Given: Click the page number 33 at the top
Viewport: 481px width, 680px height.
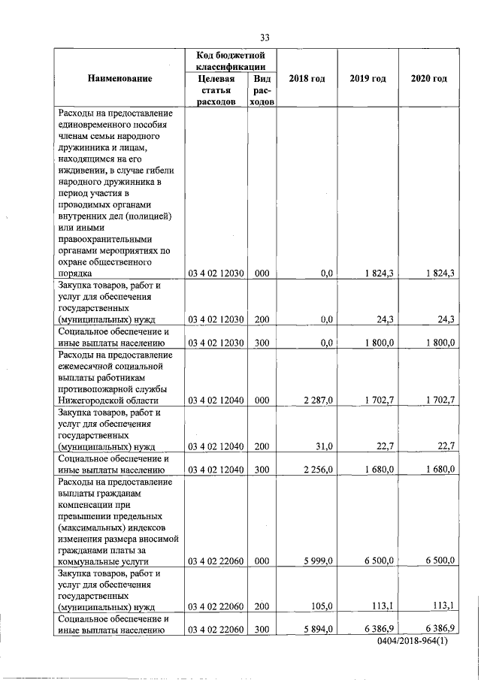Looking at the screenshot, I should click(264, 38).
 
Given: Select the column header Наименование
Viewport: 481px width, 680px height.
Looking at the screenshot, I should click(119, 79).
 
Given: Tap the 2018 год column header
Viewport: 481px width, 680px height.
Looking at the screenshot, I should click(307, 79).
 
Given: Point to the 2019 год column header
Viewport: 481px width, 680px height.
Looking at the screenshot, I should click(368, 79).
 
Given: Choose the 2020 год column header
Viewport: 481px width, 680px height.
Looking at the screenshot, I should click(428, 79).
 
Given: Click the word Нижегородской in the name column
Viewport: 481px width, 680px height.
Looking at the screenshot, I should click(92, 400).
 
